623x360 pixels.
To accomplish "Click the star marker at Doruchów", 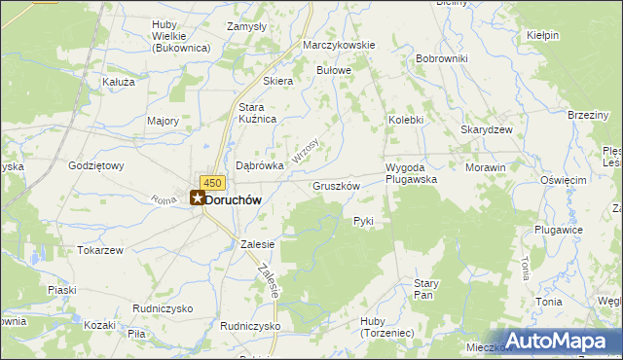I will click(x=198, y=198).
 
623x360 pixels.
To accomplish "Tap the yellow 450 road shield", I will click(x=213, y=182).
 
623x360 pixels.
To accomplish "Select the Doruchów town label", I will click(x=235, y=198).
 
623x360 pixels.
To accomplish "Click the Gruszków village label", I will click(x=337, y=185).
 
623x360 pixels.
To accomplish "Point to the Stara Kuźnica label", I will click(x=258, y=112).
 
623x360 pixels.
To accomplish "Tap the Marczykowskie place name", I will click(x=339, y=46).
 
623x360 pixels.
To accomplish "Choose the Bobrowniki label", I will click(x=442, y=58).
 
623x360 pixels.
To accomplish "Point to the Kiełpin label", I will click(x=542, y=36).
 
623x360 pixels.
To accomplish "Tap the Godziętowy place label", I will click(x=96, y=165).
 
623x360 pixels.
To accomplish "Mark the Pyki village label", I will click(x=363, y=222).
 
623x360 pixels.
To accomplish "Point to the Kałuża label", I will click(x=118, y=83).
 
